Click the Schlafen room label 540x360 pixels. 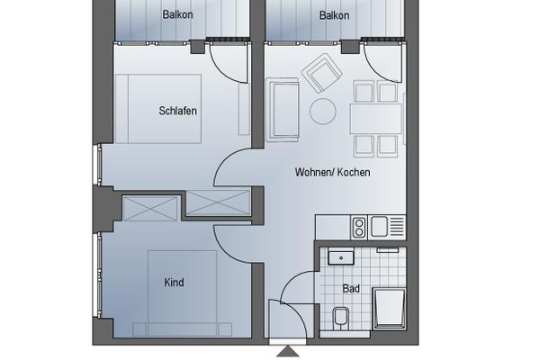pyautogui.click(x=177, y=112)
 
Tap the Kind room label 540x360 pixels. pyautogui.click(x=174, y=283)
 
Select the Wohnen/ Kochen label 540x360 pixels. pyautogui.click(x=332, y=172)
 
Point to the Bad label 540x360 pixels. pyautogui.click(x=352, y=289)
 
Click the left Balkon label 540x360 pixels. pyautogui.click(x=178, y=15)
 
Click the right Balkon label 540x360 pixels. pyautogui.click(x=335, y=15)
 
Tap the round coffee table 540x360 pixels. pyautogui.click(x=323, y=111)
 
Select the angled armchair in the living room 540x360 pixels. pyautogui.click(x=319, y=73)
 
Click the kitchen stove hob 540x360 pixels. pyautogui.click(x=358, y=224)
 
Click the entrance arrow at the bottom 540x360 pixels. pyautogui.click(x=288, y=351)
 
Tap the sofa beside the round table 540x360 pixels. pyautogui.click(x=283, y=110)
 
